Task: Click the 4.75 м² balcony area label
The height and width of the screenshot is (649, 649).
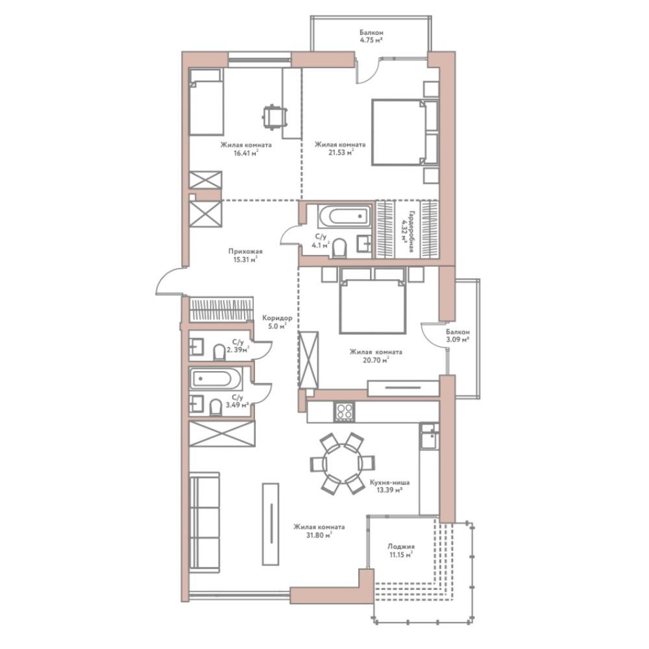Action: [x=371, y=40]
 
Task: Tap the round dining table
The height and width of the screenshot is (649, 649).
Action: [x=342, y=463]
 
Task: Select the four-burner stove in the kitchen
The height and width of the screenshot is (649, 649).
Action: [x=345, y=411]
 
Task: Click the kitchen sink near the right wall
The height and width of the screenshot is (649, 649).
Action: [x=429, y=436]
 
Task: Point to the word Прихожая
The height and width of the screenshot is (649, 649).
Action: [x=245, y=251]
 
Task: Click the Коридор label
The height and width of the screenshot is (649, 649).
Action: [x=277, y=318]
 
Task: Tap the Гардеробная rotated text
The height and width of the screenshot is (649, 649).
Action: [x=411, y=231]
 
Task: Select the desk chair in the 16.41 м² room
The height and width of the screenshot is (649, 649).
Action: [x=274, y=117]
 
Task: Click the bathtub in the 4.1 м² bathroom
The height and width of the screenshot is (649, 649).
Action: [x=345, y=215]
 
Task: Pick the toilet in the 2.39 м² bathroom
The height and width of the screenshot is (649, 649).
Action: [x=219, y=352]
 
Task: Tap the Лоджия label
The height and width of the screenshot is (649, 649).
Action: [x=400, y=546]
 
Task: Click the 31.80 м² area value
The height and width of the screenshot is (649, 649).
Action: [x=319, y=535]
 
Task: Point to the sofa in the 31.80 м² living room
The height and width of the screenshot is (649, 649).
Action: [x=204, y=522]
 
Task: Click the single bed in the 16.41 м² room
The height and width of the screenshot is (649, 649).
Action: [x=206, y=101]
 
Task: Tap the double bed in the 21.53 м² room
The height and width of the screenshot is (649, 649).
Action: [x=405, y=132]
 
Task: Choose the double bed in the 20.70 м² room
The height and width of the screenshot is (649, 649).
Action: [x=372, y=300]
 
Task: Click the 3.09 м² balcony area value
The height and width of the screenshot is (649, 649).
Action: [x=458, y=339]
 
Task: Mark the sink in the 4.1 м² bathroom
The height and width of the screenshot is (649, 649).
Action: [x=365, y=243]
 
